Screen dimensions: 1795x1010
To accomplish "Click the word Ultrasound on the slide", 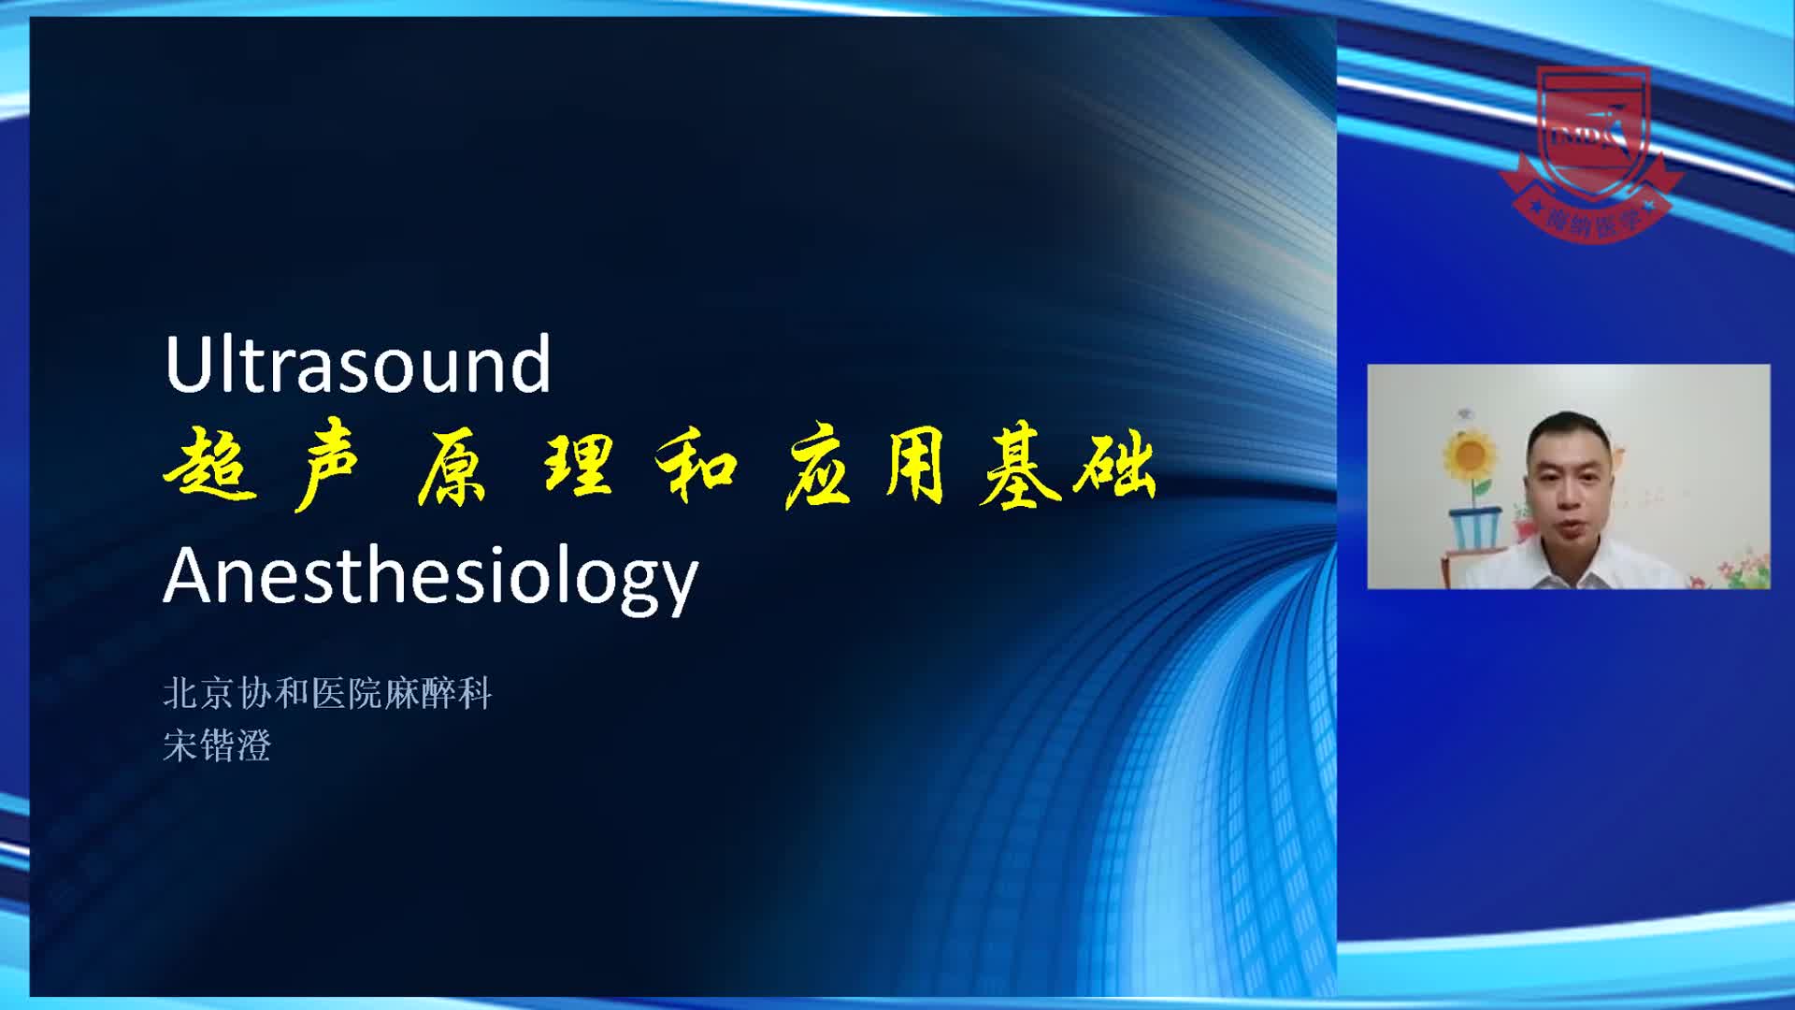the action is pos(357,364).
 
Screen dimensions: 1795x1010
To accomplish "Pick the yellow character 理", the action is pos(580,469).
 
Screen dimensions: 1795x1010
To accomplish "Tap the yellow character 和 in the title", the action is pos(696,468).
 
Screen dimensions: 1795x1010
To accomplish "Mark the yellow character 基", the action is pos(1020,469).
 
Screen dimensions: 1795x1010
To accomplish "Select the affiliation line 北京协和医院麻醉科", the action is pos(327,694).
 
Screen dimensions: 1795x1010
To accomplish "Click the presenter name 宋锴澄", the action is pos(217,746).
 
